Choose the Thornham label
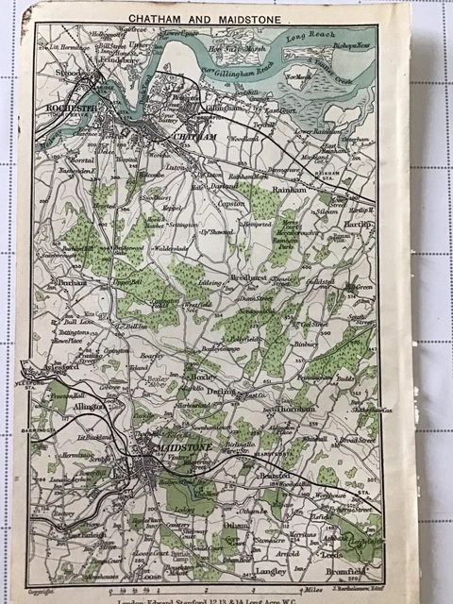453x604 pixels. (294, 410)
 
